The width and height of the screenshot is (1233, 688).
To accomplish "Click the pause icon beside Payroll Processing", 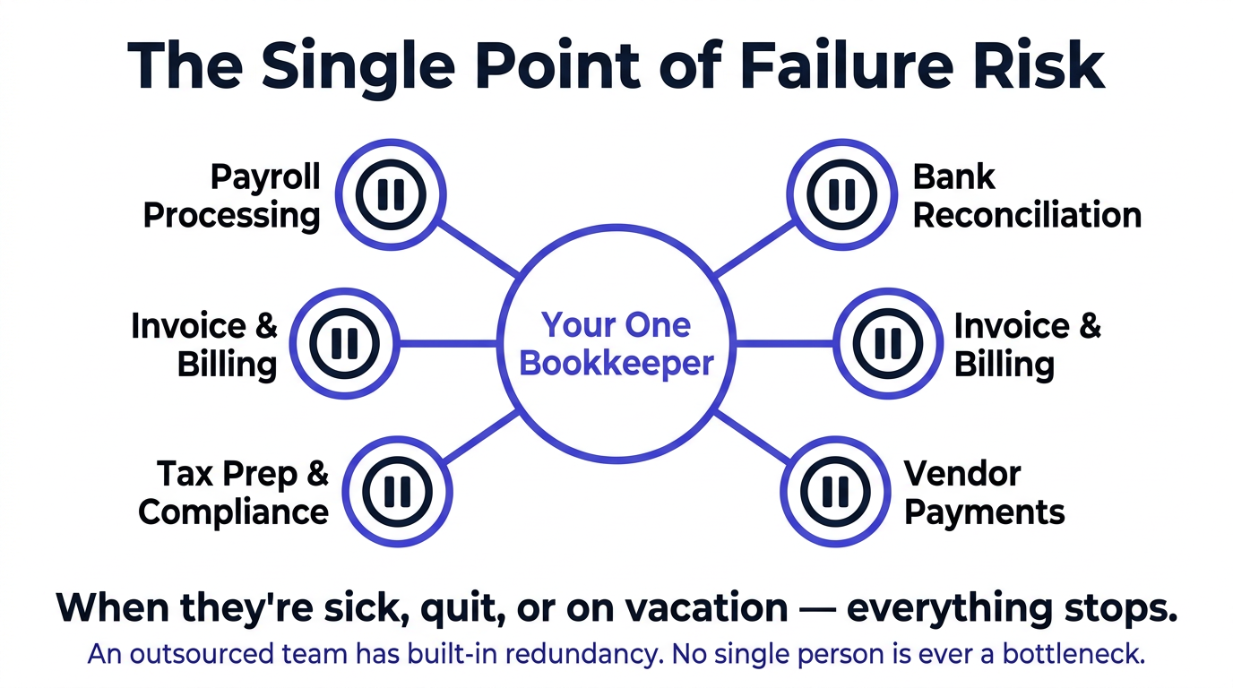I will coord(391,194).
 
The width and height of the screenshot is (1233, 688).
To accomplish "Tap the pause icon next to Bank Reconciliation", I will coord(841,194).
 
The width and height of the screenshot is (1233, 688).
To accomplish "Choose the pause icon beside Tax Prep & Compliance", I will coord(398,491).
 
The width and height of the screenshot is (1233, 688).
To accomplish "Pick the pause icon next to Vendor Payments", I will coord(834,491).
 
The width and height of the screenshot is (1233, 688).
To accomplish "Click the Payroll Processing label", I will coord(232,196).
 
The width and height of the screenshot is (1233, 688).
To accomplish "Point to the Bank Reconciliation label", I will coord(1026,196).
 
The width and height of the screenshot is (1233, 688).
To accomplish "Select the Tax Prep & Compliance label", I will coord(234,493).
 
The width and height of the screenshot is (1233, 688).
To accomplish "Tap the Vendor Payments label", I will coord(984,493).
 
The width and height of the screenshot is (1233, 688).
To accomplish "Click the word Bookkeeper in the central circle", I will coord(616,364).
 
